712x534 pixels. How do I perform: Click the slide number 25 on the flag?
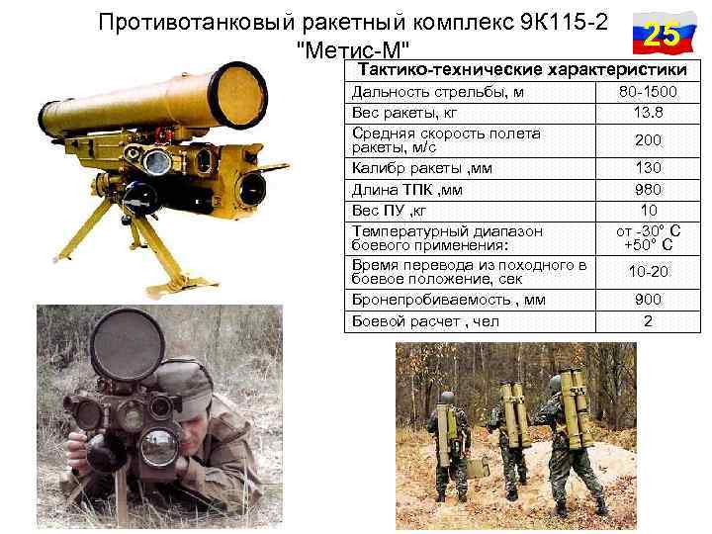pyautogui.click(x=661, y=36)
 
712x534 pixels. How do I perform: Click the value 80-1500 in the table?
pyautogui.click(x=648, y=92)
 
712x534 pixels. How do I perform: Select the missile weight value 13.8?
pyautogui.click(x=648, y=111)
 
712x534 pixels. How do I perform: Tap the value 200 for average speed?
pyautogui.click(x=648, y=140)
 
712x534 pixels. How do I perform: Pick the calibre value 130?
pyautogui.click(x=648, y=168)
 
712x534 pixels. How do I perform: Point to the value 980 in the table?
pyautogui.click(x=648, y=189)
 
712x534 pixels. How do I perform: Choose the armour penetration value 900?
pyautogui.click(x=648, y=300)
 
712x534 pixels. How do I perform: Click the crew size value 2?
pyautogui.click(x=648, y=321)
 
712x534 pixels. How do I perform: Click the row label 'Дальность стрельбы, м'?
pyautogui.click(x=425, y=92)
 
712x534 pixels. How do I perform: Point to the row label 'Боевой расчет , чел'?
pyautogui.click(x=426, y=321)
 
